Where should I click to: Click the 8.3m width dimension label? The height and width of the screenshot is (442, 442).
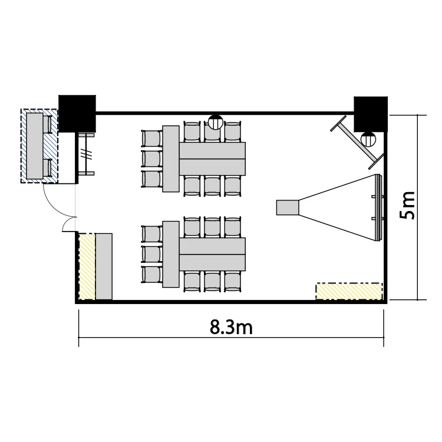pyautogui.click(x=231, y=327)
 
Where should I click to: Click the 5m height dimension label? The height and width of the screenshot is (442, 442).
pyautogui.click(x=407, y=205)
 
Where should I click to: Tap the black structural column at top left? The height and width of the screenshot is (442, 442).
pyautogui.click(x=77, y=114)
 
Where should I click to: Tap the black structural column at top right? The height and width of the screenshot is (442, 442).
pyautogui.click(x=371, y=114)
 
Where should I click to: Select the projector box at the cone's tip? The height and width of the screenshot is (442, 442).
pyautogui.click(x=287, y=207)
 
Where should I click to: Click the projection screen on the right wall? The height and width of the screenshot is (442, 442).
pyautogui.click(x=378, y=208)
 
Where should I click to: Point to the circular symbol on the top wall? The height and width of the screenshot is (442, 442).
pyautogui.click(x=216, y=122)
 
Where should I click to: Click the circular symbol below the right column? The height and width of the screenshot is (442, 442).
pyautogui.click(x=368, y=139)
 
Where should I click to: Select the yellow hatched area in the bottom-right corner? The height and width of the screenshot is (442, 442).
pyautogui.click(x=349, y=291)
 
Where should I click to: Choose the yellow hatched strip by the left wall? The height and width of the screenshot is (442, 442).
pyautogui.click(x=87, y=266)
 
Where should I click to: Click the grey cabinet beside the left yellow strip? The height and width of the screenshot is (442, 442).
pyautogui.click(x=104, y=266)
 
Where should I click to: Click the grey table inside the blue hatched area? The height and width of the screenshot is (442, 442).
pyautogui.click(x=35, y=146)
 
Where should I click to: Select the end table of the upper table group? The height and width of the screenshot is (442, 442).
pyautogui.click(x=171, y=159)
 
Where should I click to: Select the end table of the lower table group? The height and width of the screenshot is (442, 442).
pyautogui.click(x=171, y=254)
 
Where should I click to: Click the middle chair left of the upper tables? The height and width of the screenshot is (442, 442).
pyautogui.click(x=152, y=159)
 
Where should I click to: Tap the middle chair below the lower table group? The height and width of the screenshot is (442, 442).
pyautogui.click(x=212, y=281)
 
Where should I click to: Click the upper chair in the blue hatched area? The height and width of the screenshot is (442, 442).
pyautogui.click(x=48, y=124)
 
